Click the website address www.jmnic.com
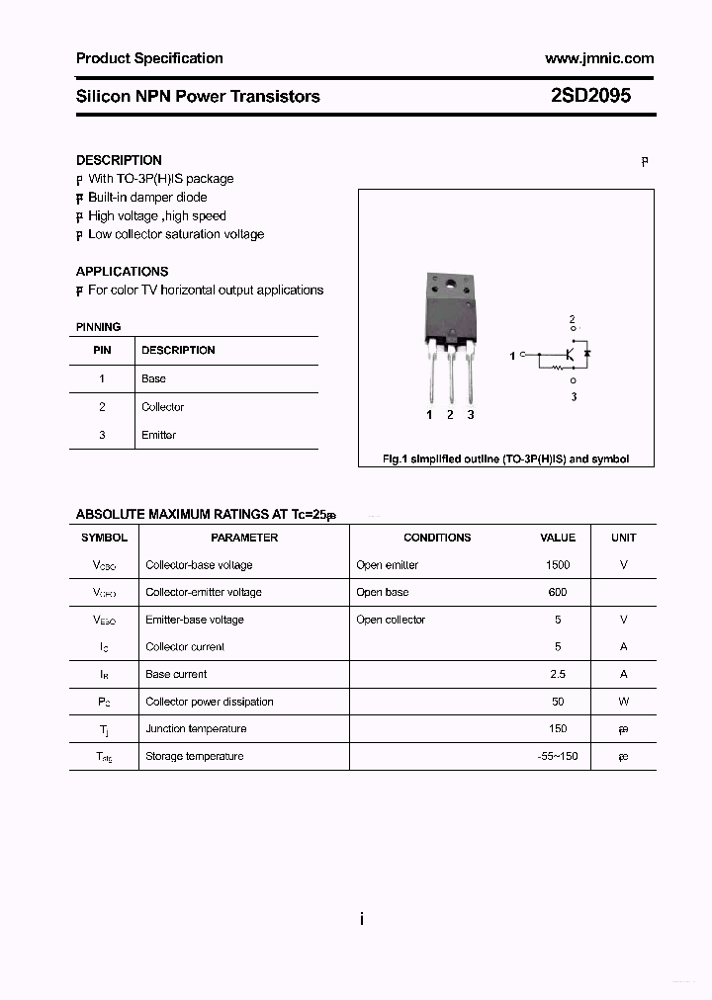tap(599, 58)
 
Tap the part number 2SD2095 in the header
tap(590, 96)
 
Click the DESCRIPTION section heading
tap(119, 160)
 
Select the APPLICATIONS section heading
tap(122, 271)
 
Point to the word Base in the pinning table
tap(153, 378)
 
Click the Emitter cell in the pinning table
tap(158, 435)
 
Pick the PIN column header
tap(102, 350)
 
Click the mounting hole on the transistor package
tap(450, 287)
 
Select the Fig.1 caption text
tap(505, 458)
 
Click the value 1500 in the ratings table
tap(558, 565)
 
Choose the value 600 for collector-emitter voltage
tap(558, 592)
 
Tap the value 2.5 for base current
tap(558, 674)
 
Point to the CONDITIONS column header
tap(437, 538)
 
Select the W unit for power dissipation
tap(623, 702)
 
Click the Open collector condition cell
tap(391, 620)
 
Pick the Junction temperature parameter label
tap(196, 728)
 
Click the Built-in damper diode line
tap(147, 198)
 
